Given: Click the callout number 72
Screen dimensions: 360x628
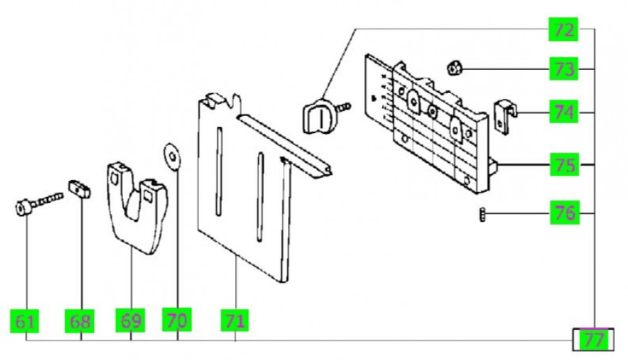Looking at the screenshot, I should point(564,30).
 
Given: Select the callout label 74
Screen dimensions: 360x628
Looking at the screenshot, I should point(564,112).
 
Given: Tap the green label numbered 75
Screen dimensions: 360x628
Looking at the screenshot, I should point(564,165).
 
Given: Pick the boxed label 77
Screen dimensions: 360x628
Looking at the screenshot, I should point(591,340).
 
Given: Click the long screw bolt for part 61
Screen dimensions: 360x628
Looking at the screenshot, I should point(38,203).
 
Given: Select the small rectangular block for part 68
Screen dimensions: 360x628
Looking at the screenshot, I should point(80,189).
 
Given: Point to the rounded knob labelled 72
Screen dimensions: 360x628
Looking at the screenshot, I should point(320,116).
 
